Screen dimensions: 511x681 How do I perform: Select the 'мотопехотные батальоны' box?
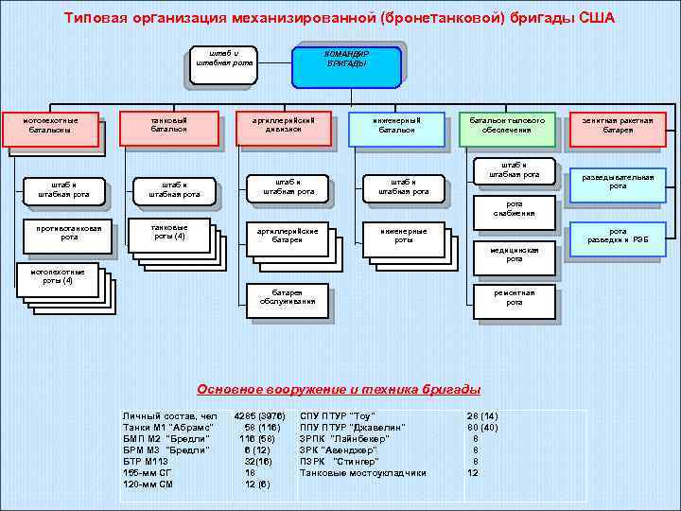click(54, 130)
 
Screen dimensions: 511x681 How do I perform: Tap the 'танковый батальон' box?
click(168, 128)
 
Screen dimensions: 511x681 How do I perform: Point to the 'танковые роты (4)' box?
click(168, 232)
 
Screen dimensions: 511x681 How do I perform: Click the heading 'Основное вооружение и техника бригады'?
click(339, 390)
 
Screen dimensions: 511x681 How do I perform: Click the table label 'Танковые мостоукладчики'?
click(363, 473)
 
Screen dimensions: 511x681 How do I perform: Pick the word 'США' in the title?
click(596, 19)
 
